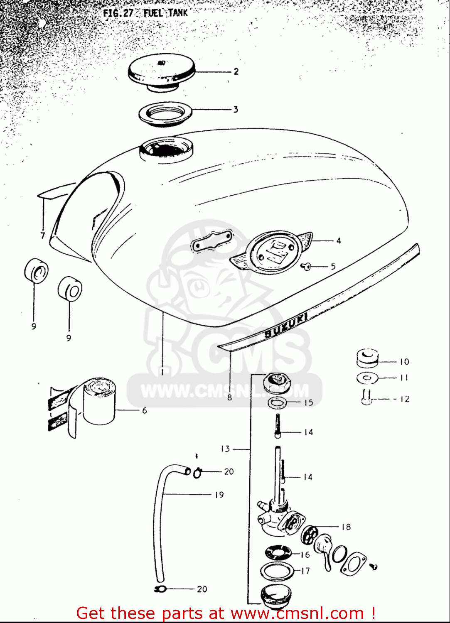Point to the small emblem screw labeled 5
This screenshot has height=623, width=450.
(307, 266)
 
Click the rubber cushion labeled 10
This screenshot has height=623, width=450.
(368, 358)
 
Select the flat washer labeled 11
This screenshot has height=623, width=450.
(367, 378)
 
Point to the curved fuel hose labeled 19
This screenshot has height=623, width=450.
(159, 523)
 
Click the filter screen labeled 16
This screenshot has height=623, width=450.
(278, 553)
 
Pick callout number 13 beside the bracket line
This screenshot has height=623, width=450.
(225, 449)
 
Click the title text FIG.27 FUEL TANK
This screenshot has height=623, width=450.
(145, 13)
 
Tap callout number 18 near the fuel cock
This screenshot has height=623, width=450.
(346, 527)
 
